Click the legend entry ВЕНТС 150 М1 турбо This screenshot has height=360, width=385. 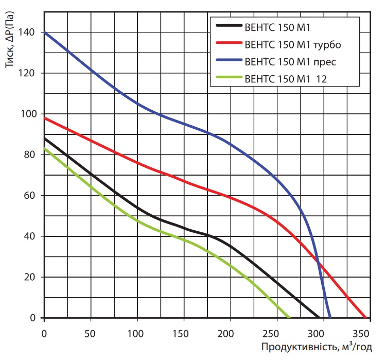click(x=294, y=44)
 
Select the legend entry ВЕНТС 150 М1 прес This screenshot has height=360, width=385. click(x=291, y=62)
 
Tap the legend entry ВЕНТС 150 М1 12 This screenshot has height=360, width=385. click(x=287, y=79)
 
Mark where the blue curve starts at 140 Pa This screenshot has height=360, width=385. click(x=45, y=32)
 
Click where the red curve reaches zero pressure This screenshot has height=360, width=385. click(x=366, y=318)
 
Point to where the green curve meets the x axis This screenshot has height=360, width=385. click(x=289, y=318)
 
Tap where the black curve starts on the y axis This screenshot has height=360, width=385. click(x=45, y=139)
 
